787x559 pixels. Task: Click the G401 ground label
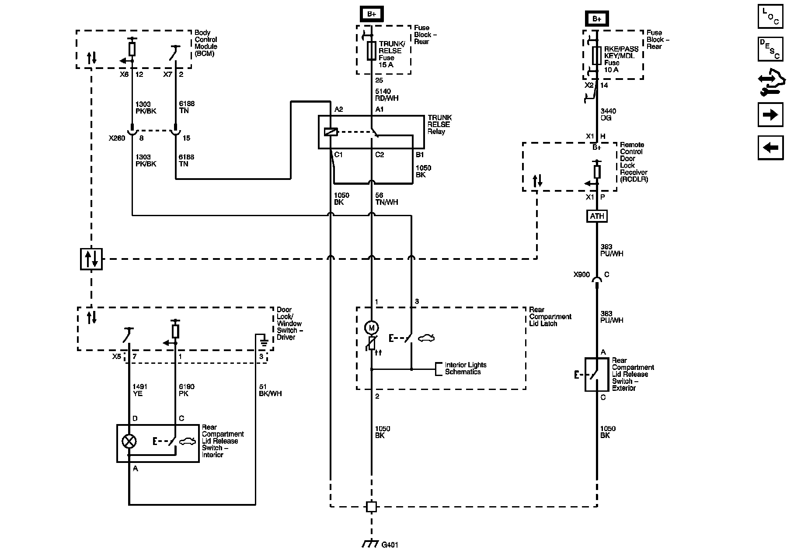(390, 545)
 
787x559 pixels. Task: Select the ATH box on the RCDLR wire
(597, 216)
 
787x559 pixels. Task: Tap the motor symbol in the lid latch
(372, 328)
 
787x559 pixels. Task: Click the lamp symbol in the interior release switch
(129, 441)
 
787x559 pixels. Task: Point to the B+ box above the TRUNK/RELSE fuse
(371, 14)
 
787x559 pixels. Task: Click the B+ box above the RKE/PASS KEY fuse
(597, 19)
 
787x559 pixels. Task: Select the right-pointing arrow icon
(770, 115)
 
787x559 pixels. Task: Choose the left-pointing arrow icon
(770, 148)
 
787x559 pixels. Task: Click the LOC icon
(770, 17)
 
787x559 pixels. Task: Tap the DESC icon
(770, 49)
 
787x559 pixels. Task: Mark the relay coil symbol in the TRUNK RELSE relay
(330, 131)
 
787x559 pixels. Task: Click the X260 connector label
(117, 138)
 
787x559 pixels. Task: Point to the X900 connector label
(582, 275)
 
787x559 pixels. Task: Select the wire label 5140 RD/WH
(387, 95)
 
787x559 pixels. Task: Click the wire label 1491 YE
(140, 390)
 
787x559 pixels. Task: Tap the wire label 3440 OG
(608, 114)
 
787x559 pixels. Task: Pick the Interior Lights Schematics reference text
(466, 368)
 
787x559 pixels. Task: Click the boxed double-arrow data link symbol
(91, 259)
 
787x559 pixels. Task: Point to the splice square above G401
(371, 507)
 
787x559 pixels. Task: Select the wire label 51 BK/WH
(270, 390)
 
